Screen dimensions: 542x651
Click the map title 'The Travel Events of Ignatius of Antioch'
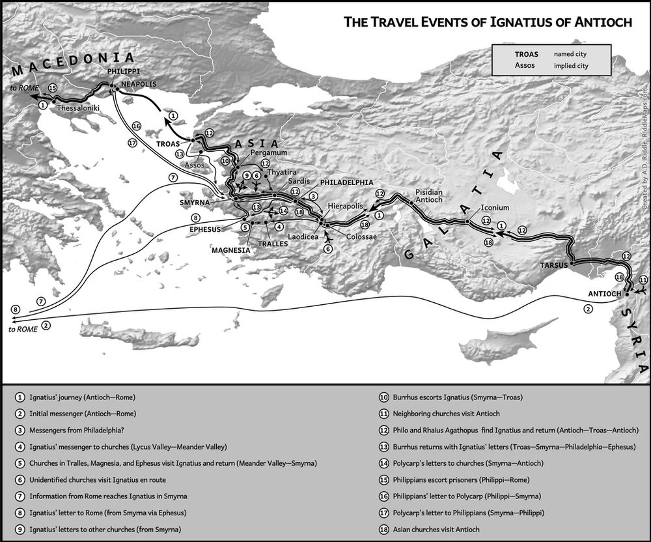tap(488, 22)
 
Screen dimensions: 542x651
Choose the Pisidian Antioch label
tap(430, 195)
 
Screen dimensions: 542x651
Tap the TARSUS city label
tap(554, 266)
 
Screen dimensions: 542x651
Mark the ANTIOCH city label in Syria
tap(605, 293)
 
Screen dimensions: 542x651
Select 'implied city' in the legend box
tap(570, 66)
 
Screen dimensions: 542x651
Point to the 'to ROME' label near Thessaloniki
tap(23, 87)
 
